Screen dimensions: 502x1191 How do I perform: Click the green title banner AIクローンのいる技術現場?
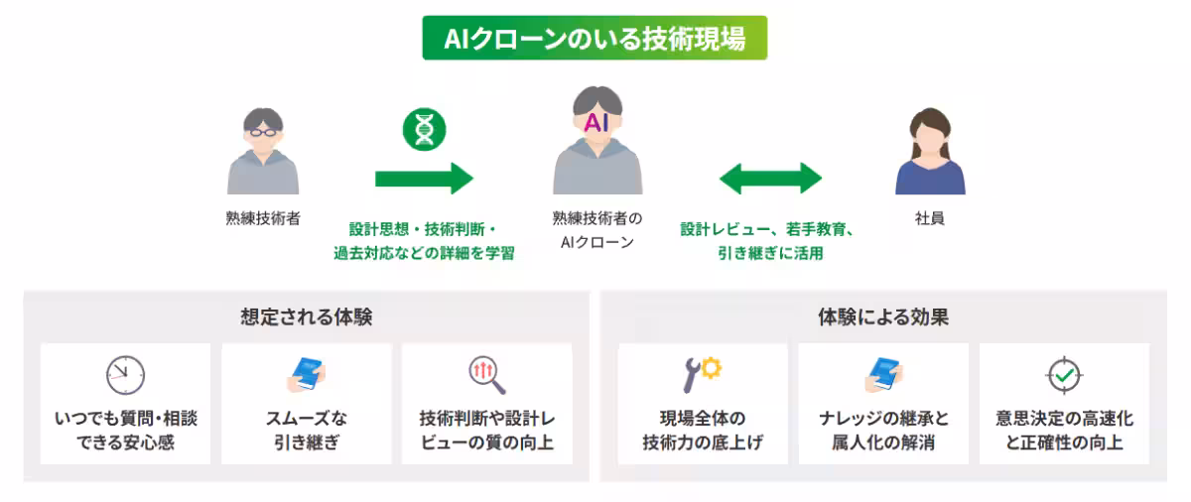pos(595,38)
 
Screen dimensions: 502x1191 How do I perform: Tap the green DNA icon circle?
pos(424,129)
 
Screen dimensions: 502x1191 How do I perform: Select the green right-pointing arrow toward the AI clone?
pos(424,179)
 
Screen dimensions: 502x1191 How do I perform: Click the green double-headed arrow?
pos(770,179)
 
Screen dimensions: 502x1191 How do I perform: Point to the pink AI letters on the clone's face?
pos(595,123)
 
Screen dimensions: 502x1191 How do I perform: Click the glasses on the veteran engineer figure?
pos(263,130)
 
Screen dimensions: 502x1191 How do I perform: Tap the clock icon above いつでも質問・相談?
pos(125,375)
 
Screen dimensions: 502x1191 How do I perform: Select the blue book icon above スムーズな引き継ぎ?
pos(307,374)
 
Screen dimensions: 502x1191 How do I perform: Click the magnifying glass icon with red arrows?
pos(486,374)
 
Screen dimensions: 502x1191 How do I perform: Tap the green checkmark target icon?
pos(1064,375)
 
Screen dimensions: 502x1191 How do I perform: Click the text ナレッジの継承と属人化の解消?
pos(883,431)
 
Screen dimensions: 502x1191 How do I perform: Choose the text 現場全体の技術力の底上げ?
pos(702,431)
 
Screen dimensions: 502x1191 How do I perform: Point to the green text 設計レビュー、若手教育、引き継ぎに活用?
pos(769,241)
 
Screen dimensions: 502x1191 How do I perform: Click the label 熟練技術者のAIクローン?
pos(596,230)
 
